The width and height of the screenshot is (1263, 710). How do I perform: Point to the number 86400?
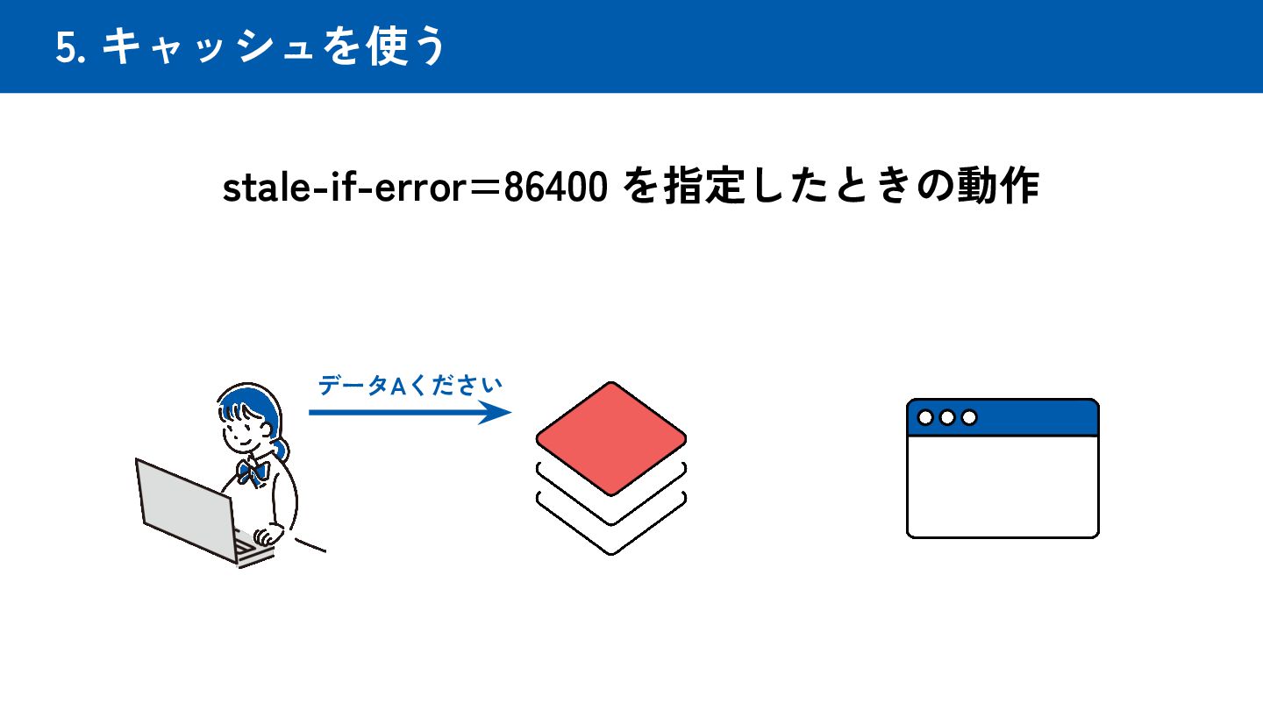click(x=555, y=188)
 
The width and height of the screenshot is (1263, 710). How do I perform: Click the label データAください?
click(x=410, y=385)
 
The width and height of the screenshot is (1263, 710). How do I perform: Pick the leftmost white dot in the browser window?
click(x=925, y=417)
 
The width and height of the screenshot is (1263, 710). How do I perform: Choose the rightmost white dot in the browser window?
click(x=968, y=417)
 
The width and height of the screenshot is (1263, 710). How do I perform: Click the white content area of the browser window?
click(x=1003, y=486)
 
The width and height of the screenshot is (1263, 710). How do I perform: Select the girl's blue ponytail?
click(x=281, y=449)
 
